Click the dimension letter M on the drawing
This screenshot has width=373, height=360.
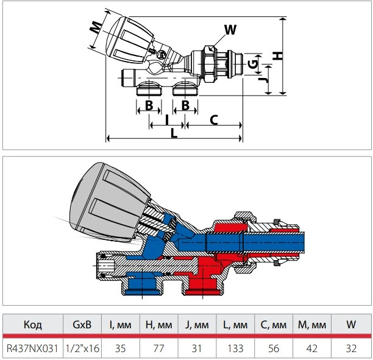[x=96, y=27]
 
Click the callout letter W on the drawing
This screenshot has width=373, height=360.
[x=230, y=30]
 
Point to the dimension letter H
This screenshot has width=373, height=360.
[x=277, y=55]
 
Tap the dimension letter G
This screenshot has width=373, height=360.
[x=253, y=64]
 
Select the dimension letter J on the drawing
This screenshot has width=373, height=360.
[x=263, y=80]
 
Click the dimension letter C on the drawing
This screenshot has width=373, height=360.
[x=214, y=120]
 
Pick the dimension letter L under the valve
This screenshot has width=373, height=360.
[x=174, y=133]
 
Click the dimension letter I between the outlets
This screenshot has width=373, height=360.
[x=167, y=120]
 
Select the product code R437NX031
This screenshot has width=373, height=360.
[x=32, y=348]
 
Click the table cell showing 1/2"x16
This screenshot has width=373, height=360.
[x=82, y=348]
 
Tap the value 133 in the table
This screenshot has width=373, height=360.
[x=235, y=348]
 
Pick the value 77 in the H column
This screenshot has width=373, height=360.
[x=158, y=348]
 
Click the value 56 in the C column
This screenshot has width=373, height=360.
[x=274, y=348]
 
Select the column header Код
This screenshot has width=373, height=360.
[x=32, y=325]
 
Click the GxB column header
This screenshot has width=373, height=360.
[x=82, y=325]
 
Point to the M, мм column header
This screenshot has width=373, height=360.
[x=312, y=325]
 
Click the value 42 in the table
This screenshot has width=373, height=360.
[x=312, y=348]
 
